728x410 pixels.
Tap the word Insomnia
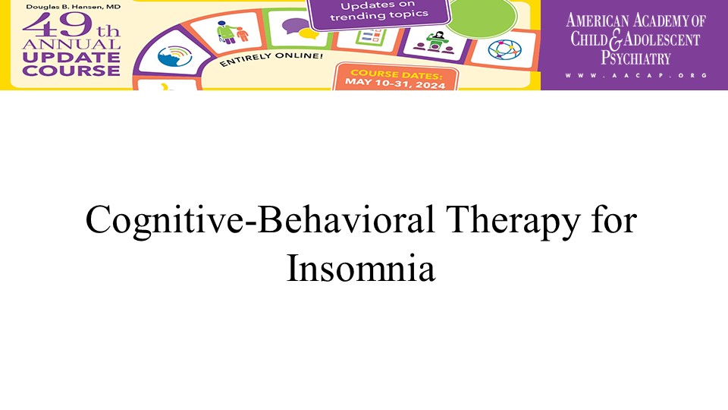pyautogui.click(x=361, y=267)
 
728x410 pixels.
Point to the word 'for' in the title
pyautogui.click(x=614, y=219)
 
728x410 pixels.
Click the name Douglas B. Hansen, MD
pyautogui.click(x=73, y=7)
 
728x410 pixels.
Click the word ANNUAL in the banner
pyautogui.click(x=71, y=45)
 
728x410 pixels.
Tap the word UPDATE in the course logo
pyautogui.click(x=71, y=58)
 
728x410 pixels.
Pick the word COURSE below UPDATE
pyautogui.click(x=71, y=71)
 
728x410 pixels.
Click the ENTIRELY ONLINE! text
pyautogui.click(x=271, y=59)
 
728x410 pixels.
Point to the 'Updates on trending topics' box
pyautogui.click(x=379, y=13)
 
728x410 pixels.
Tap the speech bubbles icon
pyautogui.click(x=300, y=29)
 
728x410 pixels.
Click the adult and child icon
pyautogui.click(x=232, y=32)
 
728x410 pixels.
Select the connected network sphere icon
pyautogui.click(x=505, y=50)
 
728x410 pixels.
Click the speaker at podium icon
pyautogui.click(x=435, y=43)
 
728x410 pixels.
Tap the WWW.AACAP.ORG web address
pyautogui.click(x=635, y=75)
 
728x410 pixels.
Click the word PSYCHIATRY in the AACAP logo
pyautogui.click(x=635, y=58)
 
